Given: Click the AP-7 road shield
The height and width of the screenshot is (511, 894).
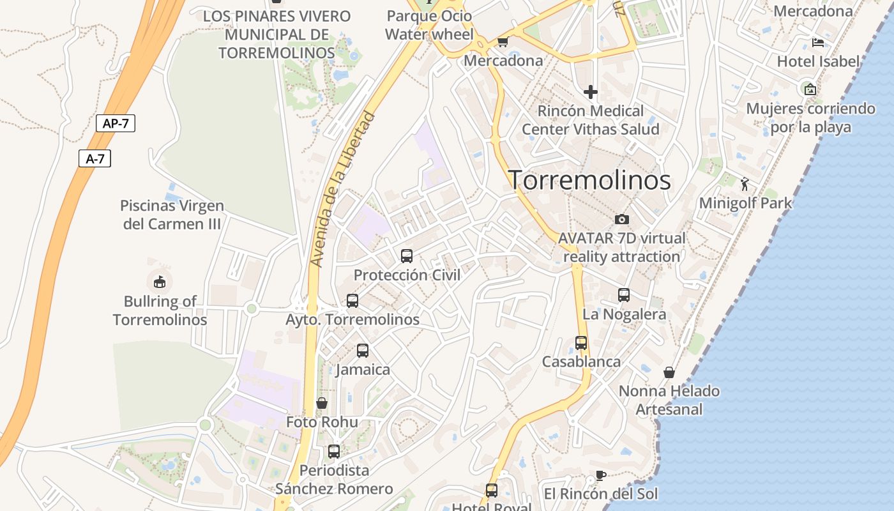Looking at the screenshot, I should click(116, 123).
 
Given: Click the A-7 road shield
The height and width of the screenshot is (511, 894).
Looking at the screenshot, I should click(95, 158).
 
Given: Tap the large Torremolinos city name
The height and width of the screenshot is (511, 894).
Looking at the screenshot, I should click(589, 180).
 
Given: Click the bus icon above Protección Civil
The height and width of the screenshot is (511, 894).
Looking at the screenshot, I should click(407, 256).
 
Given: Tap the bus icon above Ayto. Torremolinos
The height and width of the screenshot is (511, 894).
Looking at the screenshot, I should click(352, 300).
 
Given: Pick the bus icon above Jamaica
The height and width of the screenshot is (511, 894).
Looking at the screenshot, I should click(363, 350).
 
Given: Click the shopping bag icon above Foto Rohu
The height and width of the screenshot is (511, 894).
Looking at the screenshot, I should click(322, 403).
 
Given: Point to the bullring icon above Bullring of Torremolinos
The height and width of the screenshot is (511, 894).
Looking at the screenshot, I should click(160, 281).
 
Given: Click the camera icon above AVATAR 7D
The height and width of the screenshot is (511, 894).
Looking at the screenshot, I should click(621, 219).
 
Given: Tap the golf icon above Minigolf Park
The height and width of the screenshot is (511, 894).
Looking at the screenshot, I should click(745, 185).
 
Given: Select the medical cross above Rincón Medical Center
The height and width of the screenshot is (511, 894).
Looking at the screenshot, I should click(591, 92).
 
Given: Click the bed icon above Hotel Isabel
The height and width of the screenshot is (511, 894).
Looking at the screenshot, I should click(818, 43).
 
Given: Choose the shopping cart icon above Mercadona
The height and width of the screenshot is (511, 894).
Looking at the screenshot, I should click(503, 42).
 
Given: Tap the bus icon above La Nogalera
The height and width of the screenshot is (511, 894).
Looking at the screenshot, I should click(624, 295).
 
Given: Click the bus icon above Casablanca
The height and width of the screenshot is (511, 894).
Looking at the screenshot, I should click(581, 342).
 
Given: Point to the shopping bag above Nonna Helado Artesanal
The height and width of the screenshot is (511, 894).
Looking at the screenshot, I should click(669, 372).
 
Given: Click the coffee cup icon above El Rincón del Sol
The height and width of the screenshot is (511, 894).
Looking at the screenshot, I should click(600, 475).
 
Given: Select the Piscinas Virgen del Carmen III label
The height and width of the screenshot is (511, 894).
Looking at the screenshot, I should click(172, 215).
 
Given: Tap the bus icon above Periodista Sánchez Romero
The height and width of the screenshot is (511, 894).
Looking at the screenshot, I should click(333, 451).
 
